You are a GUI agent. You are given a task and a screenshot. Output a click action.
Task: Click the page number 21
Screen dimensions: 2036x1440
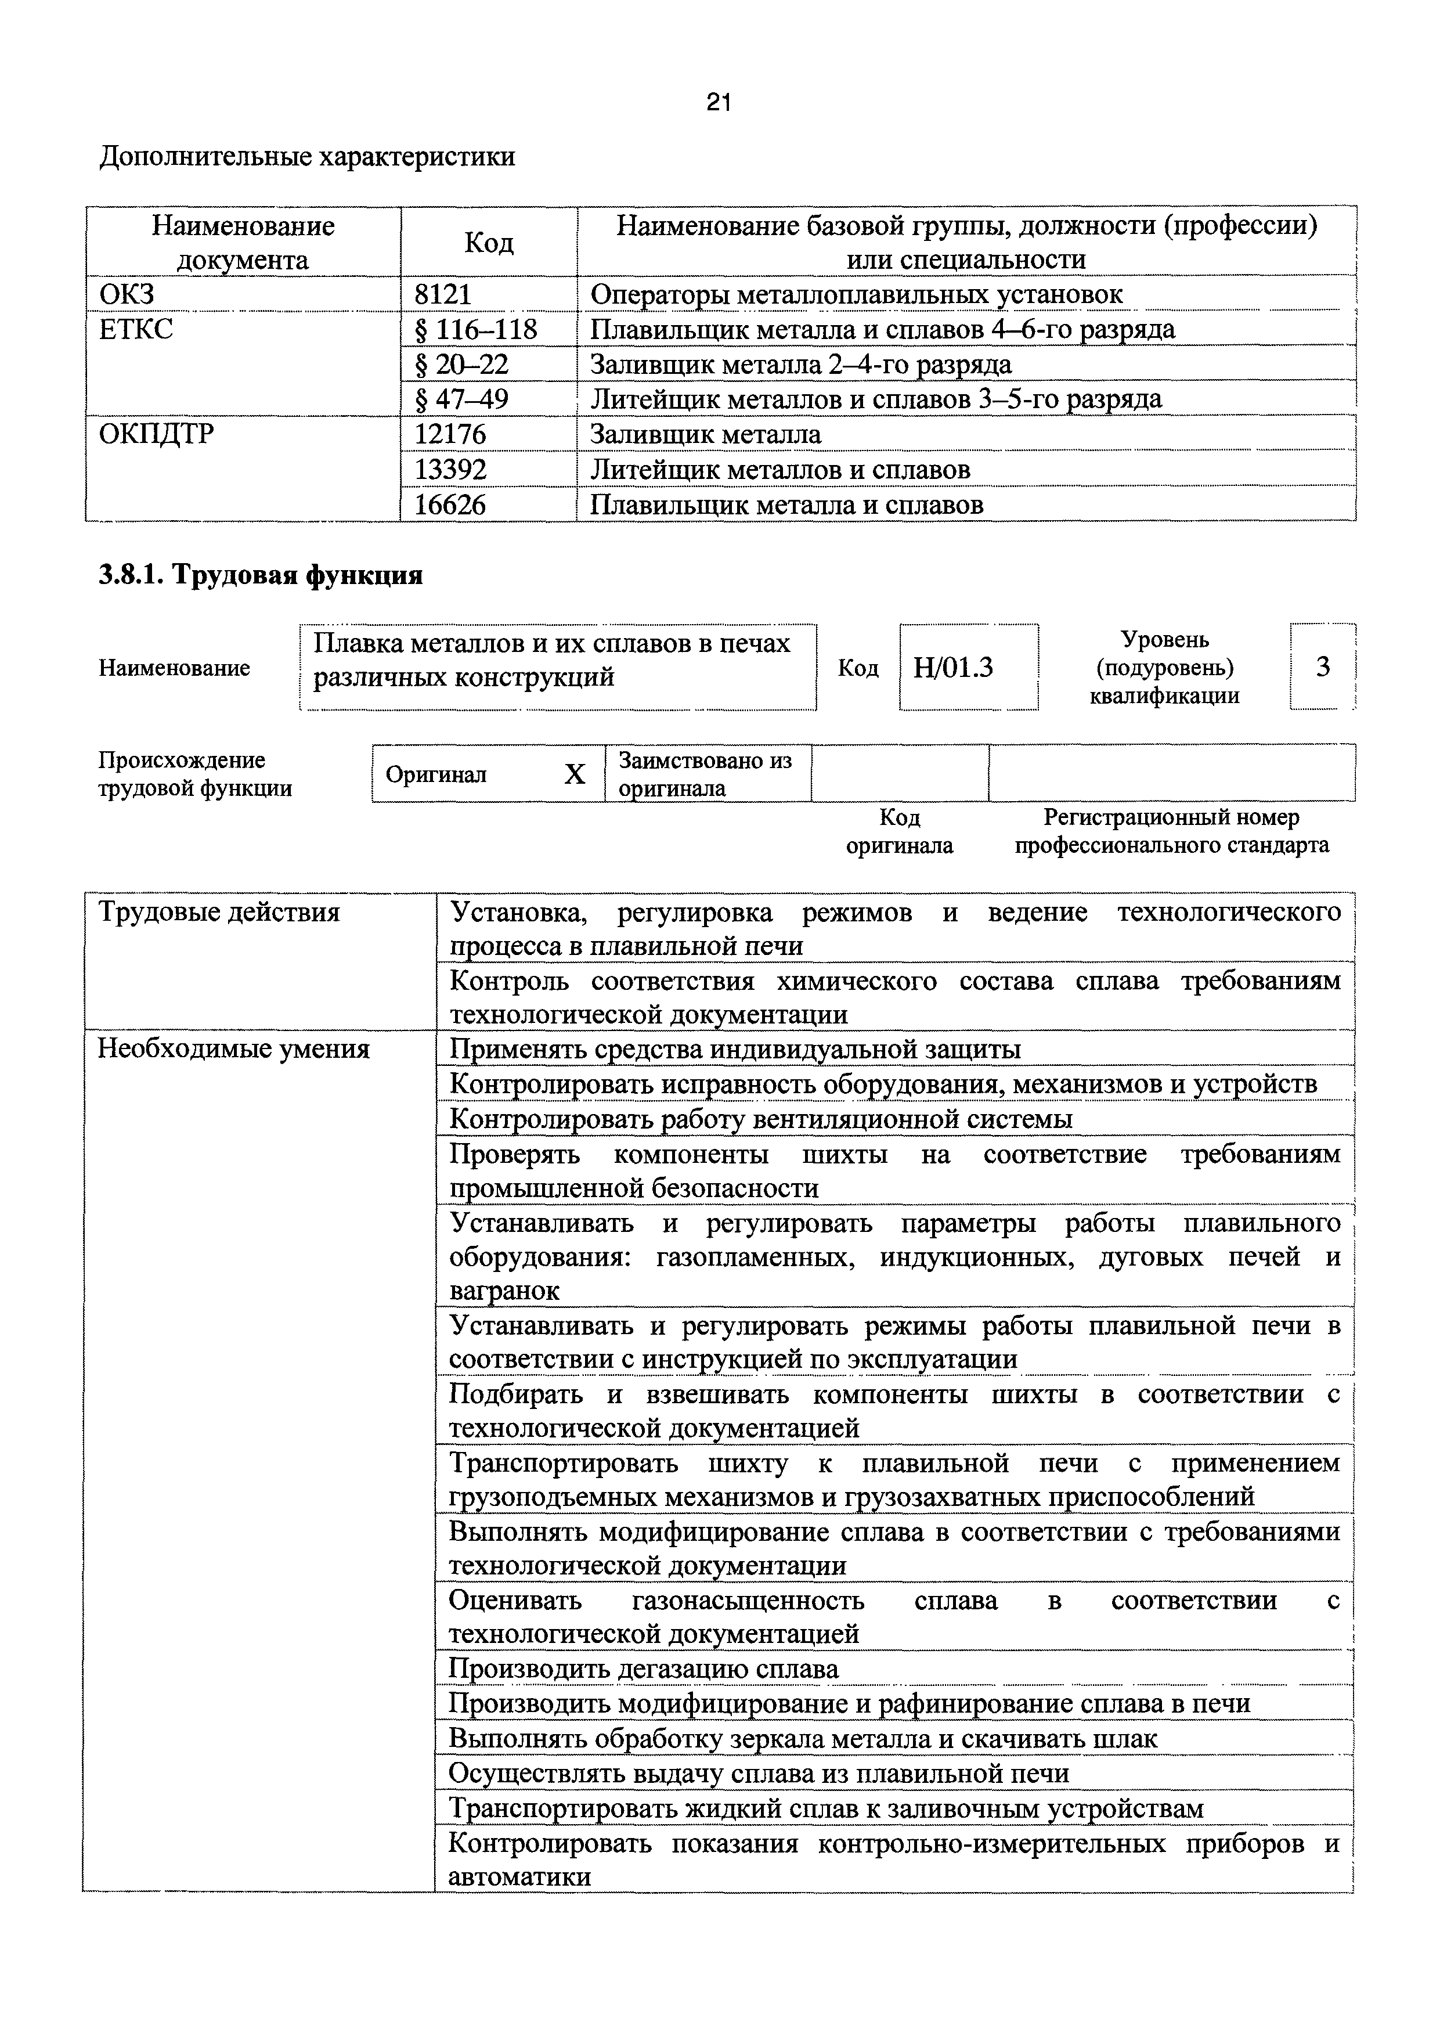tap(718, 104)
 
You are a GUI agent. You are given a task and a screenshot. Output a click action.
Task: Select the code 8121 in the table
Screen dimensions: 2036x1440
tap(443, 294)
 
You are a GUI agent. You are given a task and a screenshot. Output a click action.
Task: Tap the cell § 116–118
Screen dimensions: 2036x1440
tap(476, 330)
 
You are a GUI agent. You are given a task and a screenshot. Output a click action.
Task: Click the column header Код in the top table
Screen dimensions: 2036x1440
tap(489, 242)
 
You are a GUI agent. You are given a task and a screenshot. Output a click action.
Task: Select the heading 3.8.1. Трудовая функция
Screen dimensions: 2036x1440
tap(261, 575)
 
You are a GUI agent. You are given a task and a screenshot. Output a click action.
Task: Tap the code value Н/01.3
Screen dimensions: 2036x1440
tap(953, 667)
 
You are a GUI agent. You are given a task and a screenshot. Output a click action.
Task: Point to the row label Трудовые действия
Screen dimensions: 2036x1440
tap(218, 913)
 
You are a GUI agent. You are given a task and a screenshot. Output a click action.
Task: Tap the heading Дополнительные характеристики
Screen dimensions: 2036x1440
tap(307, 157)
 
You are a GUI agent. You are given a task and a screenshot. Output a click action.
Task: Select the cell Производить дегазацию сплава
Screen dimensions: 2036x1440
tap(643, 1669)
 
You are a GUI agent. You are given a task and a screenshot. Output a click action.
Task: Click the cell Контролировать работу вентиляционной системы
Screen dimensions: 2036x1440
tap(761, 1119)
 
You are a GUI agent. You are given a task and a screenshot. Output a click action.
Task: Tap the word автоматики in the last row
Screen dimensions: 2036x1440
tap(519, 1878)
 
